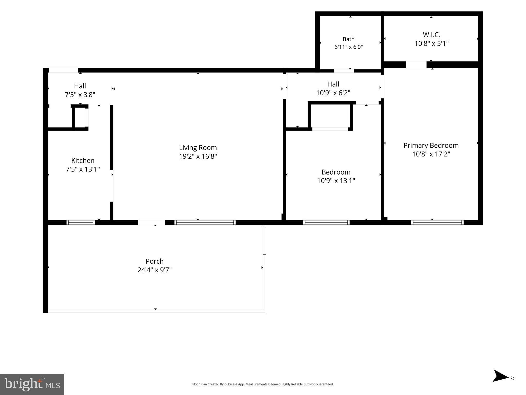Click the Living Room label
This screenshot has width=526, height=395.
tap(198, 148)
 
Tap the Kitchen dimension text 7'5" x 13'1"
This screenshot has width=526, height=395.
tap(83, 169)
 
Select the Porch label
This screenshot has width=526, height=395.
tap(154, 261)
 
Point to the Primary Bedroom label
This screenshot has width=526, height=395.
tap(431, 146)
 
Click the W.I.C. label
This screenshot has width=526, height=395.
tap(431, 35)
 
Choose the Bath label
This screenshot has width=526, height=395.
tap(348, 39)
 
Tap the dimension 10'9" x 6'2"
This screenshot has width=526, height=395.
tap(333, 93)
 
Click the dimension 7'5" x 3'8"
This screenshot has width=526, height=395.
tap(80, 95)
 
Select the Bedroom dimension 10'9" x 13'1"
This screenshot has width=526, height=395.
tap(336, 181)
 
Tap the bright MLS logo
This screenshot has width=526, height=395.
tap(32, 384)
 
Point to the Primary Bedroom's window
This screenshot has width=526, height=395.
tap(437, 222)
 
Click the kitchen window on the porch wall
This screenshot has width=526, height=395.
tap(81, 222)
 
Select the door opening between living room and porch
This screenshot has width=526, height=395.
tap(152, 222)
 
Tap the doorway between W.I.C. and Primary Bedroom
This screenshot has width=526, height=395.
tap(416, 65)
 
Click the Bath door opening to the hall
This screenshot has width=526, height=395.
tap(344, 71)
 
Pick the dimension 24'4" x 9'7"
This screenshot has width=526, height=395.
tap(154, 270)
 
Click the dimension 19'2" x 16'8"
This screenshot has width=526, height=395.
tap(198, 156)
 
